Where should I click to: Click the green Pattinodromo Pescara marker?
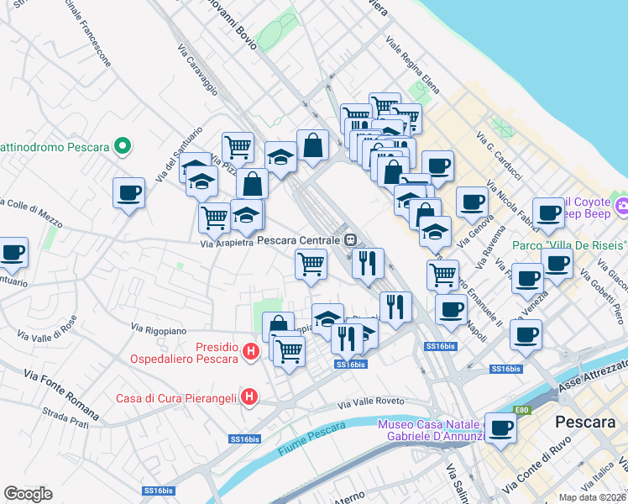tap(123, 147)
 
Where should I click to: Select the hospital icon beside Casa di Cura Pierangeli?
tap(249, 396)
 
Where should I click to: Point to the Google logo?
tap(28, 493)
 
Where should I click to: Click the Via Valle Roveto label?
tap(372, 402)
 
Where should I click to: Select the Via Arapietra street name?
tap(227, 244)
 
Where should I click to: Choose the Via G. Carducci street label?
tap(500, 155)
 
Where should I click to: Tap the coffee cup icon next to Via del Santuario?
tap(128, 194)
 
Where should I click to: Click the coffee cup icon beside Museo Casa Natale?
tap(500, 428)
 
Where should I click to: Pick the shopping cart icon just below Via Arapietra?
tap(311, 264)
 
